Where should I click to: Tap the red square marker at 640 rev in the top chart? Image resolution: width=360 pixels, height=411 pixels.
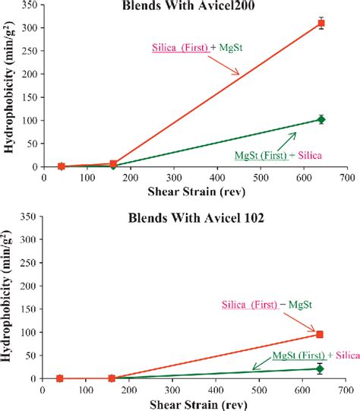click(321, 24)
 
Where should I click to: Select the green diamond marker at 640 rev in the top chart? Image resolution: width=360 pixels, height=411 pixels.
click(321, 119)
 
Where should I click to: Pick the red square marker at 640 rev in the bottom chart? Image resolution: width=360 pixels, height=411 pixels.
click(320, 334)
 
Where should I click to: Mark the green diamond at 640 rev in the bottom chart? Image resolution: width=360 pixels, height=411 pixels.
click(320, 368)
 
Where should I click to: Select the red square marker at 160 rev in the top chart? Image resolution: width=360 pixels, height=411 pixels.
click(113, 164)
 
